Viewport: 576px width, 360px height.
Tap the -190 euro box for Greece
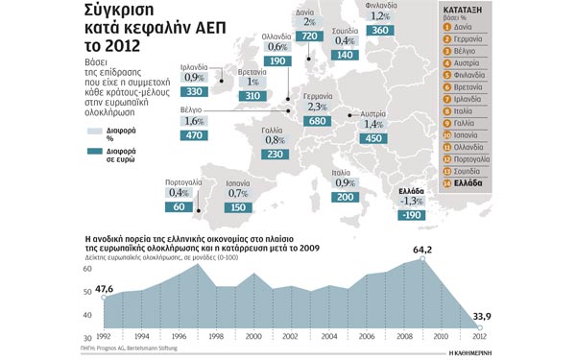coord(412,216)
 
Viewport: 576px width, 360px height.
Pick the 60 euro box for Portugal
coord(179,206)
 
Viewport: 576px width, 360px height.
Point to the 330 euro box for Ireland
coord(194,91)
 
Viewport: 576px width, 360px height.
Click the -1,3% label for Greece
coord(412,201)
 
